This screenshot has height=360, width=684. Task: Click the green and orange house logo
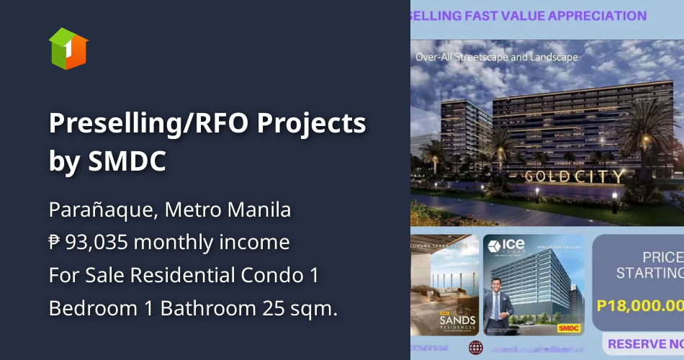point(68,48)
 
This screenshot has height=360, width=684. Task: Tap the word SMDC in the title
point(127,161)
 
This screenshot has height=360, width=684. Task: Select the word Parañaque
point(102,210)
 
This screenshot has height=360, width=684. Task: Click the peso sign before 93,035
point(55,243)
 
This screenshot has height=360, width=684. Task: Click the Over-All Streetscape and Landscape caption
point(497,56)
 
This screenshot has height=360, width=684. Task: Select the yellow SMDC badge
point(567,328)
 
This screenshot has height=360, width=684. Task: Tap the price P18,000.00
point(640,305)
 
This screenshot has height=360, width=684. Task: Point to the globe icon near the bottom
point(476,348)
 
